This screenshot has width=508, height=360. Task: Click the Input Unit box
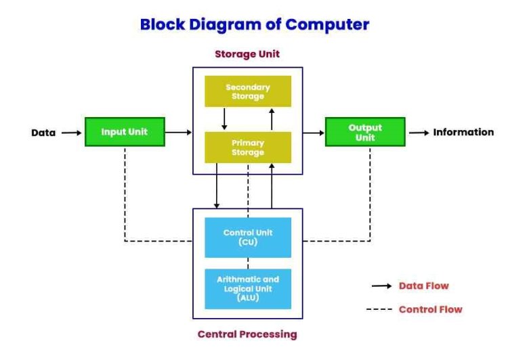pos(125,132)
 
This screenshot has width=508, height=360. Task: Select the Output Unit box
pos(365,132)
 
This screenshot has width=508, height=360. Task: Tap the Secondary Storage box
pos(248,91)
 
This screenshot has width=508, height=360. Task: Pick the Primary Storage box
pos(248,148)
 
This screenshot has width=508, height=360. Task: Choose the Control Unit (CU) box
pos(248,238)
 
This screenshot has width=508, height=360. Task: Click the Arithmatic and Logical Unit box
pos(248,289)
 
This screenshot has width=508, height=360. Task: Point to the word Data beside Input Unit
pos(43,133)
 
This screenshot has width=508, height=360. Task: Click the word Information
pos(463,132)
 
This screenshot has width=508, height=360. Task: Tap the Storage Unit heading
pos(247,53)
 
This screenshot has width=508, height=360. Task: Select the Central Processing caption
pos(247,334)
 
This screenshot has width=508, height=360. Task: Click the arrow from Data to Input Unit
pos(72,133)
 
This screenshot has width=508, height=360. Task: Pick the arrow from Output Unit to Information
pos(419,133)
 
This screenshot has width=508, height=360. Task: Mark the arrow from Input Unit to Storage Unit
pos(178,132)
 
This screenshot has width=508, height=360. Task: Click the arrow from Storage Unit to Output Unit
pos(314,133)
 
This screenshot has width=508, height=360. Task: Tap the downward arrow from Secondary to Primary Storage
pos(224,119)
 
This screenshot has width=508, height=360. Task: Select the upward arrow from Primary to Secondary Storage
pos(272,119)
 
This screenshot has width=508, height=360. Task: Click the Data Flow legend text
pos(424,286)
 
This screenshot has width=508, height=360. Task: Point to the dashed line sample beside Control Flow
pos(379,309)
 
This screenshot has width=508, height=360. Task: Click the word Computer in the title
pos(327,24)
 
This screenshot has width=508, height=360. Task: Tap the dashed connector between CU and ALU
pos(248,263)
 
